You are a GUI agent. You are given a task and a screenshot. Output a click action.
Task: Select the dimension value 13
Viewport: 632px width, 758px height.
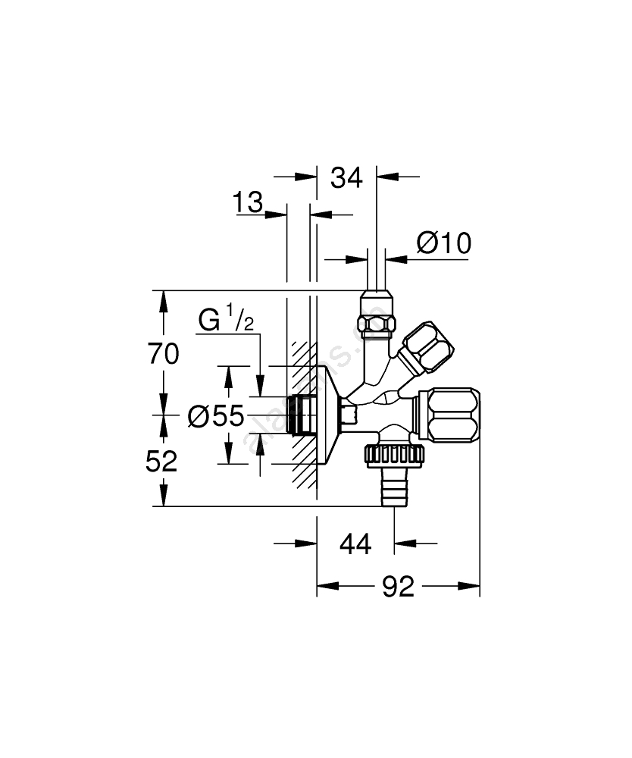[x=248, y=203]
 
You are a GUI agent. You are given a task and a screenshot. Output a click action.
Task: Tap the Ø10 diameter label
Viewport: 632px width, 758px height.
[x=443, y=243]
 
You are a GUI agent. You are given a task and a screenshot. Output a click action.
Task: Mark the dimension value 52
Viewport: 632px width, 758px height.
[x=161, y=461]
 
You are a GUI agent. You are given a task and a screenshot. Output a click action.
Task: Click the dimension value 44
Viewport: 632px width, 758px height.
[x=355, y=543]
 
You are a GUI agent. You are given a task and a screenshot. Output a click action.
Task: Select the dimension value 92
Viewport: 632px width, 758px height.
[x=398, y=586]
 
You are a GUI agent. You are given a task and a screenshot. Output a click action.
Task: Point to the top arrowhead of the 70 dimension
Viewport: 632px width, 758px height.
[x=161, y=297]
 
